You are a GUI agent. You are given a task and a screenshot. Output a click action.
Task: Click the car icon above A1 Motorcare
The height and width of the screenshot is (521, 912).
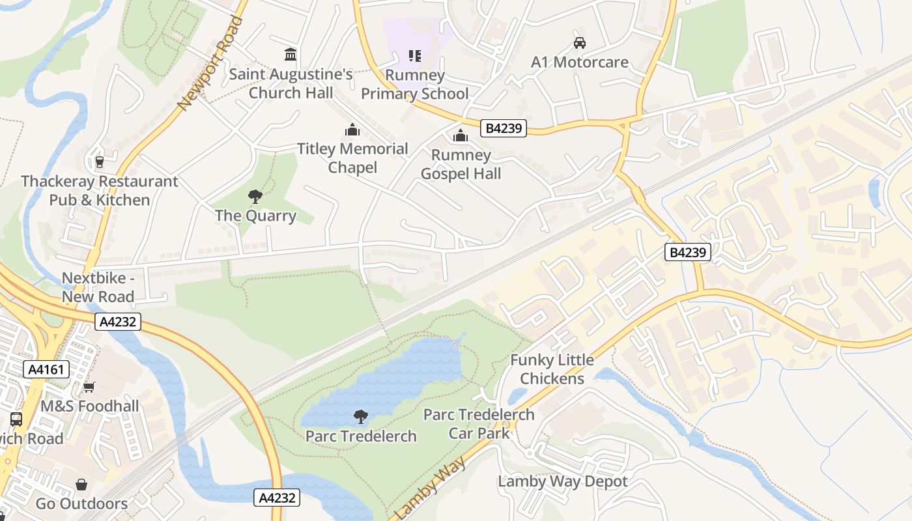click(579, 43)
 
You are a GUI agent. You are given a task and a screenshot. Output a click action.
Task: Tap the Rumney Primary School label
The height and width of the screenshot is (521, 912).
click(414, 85)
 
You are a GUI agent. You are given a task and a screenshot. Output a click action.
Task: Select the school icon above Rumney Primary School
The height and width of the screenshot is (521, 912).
click(415, 56)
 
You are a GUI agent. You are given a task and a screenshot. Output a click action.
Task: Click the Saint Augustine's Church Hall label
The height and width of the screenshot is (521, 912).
click(291, 83)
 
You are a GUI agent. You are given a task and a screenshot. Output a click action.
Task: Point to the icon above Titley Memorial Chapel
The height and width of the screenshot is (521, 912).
click(352, 130)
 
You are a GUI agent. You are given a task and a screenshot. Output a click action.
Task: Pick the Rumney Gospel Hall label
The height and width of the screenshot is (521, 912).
click(461, 164)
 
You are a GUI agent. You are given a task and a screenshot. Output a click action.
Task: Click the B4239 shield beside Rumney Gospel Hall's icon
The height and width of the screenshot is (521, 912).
click(504, 128)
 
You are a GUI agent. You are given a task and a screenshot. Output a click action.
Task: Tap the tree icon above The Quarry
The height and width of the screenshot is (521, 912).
click(255, 196)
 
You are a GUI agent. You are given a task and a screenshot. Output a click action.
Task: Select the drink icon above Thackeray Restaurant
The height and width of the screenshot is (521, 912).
click(100, 162)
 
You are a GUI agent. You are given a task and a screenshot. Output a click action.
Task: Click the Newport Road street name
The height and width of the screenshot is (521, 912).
click(210, 63)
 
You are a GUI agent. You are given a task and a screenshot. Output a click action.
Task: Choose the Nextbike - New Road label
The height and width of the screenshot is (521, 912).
click(98, 287)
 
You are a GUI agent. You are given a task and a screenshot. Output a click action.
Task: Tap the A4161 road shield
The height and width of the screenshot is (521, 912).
click(46, 370)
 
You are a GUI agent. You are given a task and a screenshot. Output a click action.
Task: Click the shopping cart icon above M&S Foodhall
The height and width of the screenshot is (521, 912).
click(89, 387)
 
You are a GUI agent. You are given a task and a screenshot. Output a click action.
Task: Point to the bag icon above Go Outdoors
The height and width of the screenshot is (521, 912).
click(81, 485)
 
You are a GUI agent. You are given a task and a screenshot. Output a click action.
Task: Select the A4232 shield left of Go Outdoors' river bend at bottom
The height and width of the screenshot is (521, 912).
click(277, 498)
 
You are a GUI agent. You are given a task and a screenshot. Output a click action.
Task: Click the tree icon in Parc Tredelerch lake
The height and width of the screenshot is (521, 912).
click(360, 417)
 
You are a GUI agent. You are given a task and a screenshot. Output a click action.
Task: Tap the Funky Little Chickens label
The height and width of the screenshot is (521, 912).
click(552, 369)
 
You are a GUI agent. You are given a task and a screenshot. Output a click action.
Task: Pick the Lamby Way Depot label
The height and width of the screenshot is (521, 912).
click(563, 482)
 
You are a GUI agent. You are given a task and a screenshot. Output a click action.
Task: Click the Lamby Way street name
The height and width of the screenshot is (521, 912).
click(431, 488)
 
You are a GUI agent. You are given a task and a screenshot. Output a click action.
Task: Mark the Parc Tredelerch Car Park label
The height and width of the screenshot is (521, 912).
click(479, 423)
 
